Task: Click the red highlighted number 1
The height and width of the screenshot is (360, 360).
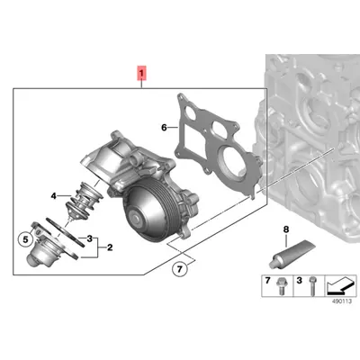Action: tap(141, 73)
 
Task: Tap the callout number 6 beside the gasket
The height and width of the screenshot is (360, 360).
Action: tap(164, 128)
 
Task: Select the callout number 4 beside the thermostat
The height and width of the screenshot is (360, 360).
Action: tap(53, 196)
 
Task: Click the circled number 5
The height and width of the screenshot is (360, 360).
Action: tap(25, 239)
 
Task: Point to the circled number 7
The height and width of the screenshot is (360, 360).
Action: tap(179, 269)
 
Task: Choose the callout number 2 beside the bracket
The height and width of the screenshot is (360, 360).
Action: tap(110, 247)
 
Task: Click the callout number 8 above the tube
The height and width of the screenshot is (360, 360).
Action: tap(286, 229)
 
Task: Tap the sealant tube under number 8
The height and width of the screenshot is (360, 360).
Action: tap(292, 254)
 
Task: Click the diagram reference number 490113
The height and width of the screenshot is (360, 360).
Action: tap(341, 301)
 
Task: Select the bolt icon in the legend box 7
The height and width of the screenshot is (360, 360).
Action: tap(280, 286)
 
